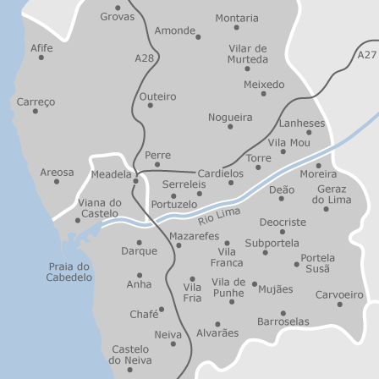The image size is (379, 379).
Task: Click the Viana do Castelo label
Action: click(100, 208)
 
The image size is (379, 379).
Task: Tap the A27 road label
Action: click(367, 55)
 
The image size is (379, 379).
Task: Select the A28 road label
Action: click(145, 58)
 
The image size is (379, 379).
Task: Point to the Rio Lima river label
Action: click(219, 214)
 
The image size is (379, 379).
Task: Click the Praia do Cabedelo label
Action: click(69, 272)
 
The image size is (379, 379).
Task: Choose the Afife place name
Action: click(41, 48)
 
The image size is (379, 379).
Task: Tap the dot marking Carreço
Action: click(35, 111)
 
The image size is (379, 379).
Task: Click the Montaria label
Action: click(237, 18)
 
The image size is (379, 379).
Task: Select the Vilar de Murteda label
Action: click(248, 54)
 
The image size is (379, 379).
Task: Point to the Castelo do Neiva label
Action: click(130, 354)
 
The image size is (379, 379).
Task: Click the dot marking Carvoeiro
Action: click(340, 305)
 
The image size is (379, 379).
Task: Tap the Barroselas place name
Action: click(283, 321)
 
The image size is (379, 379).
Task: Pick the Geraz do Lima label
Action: click(332, 195)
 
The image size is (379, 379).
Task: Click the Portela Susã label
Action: click(317, 262)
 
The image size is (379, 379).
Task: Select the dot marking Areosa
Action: click(57, 181)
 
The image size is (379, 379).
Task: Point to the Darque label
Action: click(139, 251)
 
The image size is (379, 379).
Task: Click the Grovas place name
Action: click(118, 16)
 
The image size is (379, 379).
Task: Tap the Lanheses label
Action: click(302, 123)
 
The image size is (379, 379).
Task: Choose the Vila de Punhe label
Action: click(228, 288)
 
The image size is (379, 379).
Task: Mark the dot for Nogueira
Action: click(230, 127)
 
